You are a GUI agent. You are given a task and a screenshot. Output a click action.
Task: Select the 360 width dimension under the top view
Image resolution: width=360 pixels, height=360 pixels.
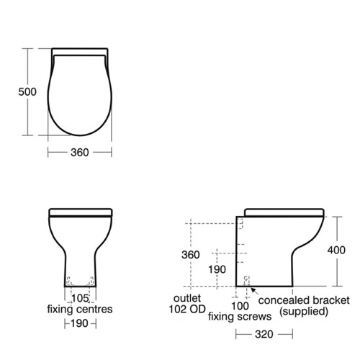coord(79,153)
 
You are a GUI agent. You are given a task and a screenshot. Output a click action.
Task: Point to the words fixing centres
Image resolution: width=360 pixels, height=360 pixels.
coord(80,310)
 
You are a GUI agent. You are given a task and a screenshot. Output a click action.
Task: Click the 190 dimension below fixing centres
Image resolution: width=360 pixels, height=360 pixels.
coord(80,323)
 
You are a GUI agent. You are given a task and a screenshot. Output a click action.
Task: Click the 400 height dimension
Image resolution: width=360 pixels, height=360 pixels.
coord(346,250)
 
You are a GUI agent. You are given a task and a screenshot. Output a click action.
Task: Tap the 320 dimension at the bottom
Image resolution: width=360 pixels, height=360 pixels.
coord(264,334)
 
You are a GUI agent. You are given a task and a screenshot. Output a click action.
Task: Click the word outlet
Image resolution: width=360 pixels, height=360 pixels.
coord(179,299)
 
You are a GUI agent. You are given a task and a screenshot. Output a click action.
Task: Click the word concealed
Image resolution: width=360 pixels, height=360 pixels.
coord(282,299)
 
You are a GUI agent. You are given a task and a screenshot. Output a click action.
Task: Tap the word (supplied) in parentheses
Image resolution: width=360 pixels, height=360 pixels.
coord(303,311)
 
